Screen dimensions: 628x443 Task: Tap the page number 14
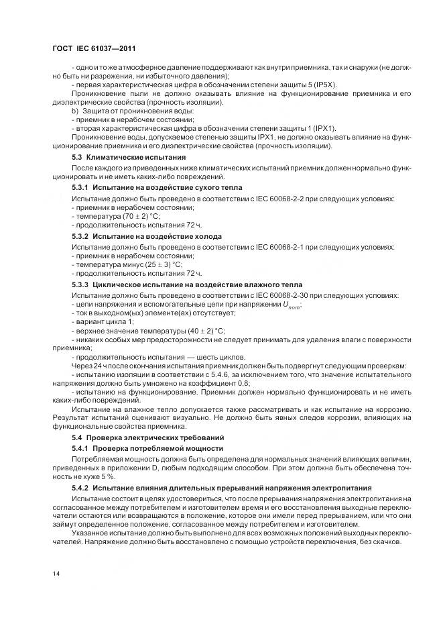click(x=56, y=572)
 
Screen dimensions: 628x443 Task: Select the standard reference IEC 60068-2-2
click(x=283, y=199)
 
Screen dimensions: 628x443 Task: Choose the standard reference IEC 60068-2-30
click(x=285, y=295)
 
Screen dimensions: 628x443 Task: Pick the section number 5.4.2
click(x=81, y=488)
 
